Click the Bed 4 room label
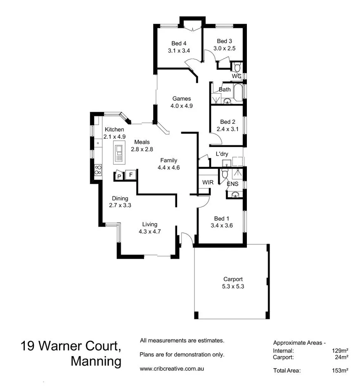(178, 43)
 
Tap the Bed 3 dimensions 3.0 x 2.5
(224, 48)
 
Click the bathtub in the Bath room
(239, 92)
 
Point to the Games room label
(182, 99)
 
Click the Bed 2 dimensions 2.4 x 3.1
(227, 129)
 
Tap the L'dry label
(222, 154)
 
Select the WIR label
(207, 182)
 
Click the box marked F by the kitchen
(131, 175)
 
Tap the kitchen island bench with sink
(119, 152)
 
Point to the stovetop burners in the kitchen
(98, 169)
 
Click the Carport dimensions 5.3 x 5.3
(233, 286)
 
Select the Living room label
(149, 224)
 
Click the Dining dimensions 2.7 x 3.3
(120, 205)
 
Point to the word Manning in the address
(96, 362)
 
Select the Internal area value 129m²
(340, 351)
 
